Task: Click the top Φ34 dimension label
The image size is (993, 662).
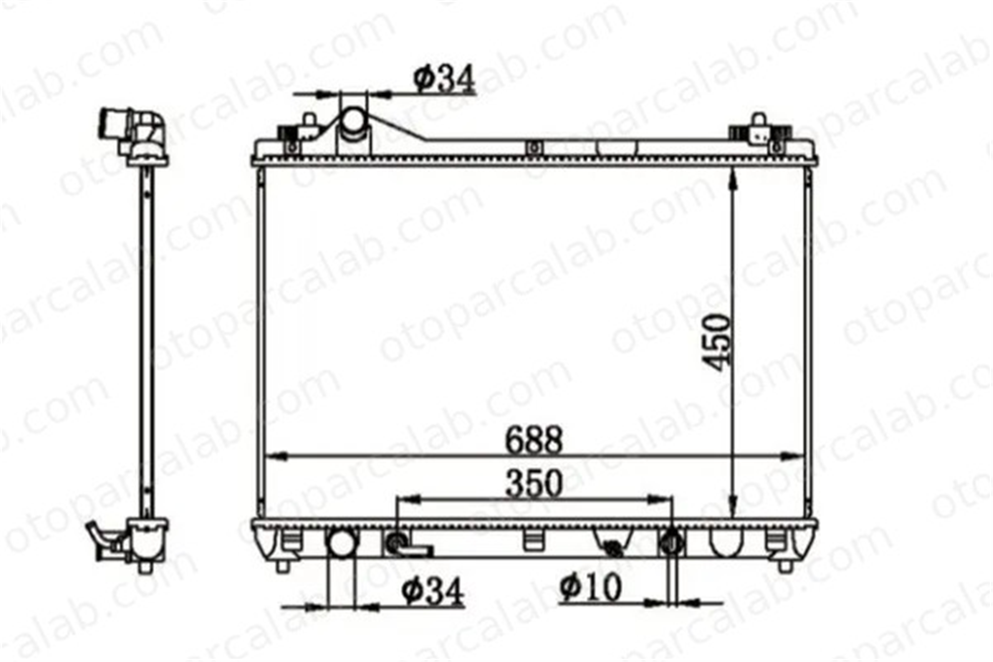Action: point(444,79)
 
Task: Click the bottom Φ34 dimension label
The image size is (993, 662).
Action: point(432,591)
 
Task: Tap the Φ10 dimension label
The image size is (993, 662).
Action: point(591,587)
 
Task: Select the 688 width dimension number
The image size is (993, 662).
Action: point(534,440)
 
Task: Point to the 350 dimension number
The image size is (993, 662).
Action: point(534,483)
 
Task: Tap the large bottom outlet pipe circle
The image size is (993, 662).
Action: point(342,544)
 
